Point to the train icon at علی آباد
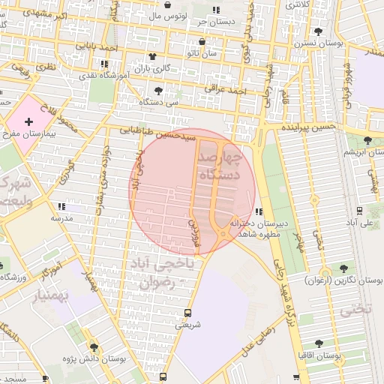coord(360,210)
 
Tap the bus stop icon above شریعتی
coord(187,313)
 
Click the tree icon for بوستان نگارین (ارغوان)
coord(344,268)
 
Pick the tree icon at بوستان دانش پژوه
coord(94,346)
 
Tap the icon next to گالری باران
coord(153,57)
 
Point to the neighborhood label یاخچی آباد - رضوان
coord(168,274)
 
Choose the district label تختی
coord(356,309)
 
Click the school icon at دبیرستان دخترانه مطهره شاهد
coord(258,211)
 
